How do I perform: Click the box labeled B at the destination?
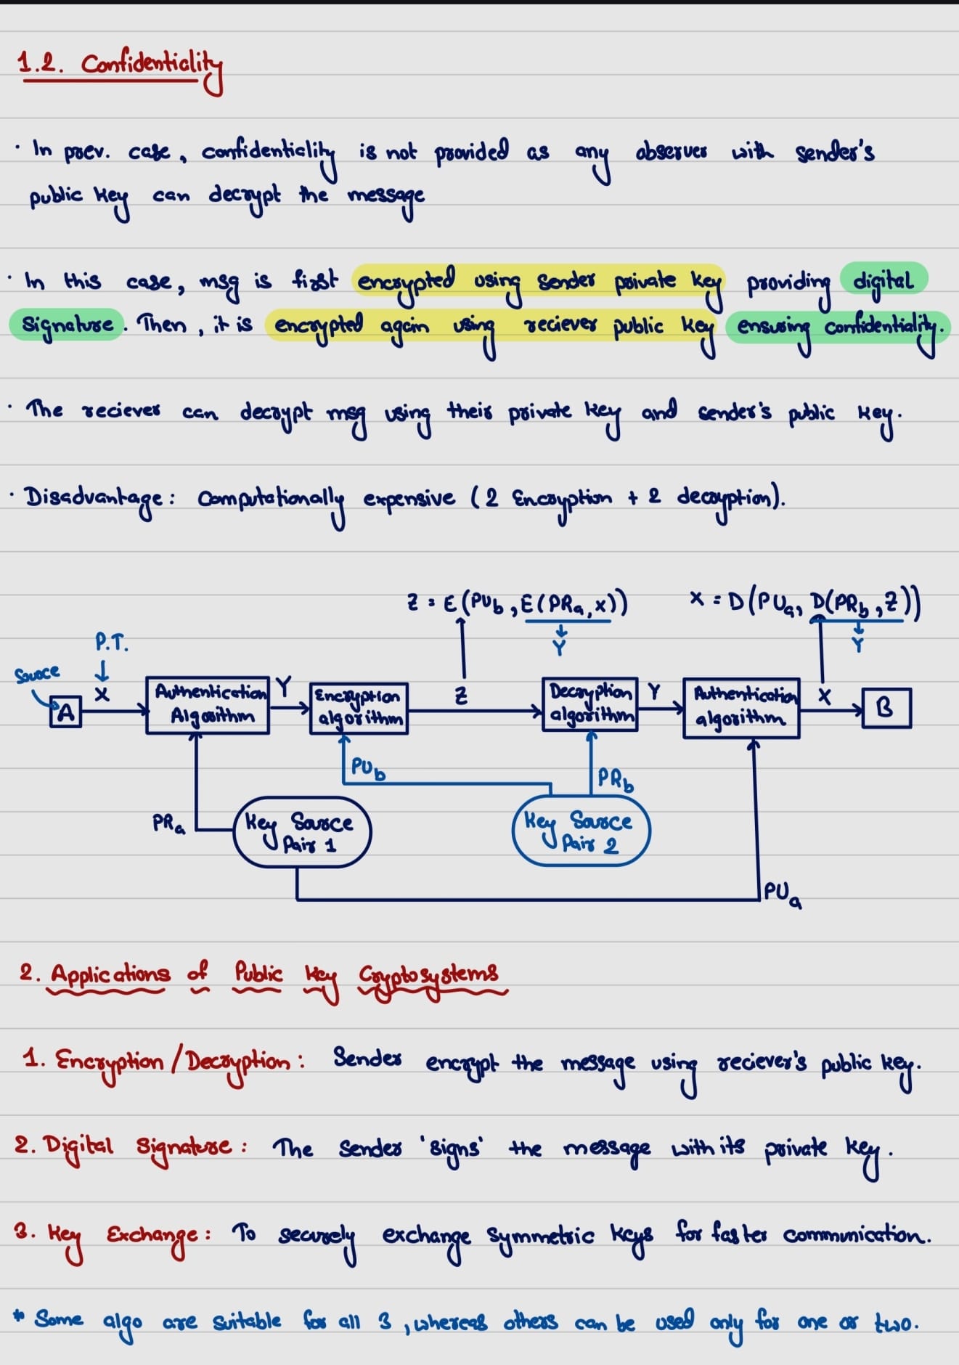pos(886,708)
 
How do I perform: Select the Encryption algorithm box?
pos(359,708)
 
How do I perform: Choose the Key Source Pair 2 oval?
pos(581,831)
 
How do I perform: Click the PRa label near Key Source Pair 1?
pos(168,824)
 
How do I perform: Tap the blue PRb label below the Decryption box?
pos(616,780)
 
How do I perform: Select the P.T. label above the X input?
pos(111,643)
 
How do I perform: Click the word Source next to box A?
pos(37,673)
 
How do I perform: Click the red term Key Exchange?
pos(123,1234)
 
